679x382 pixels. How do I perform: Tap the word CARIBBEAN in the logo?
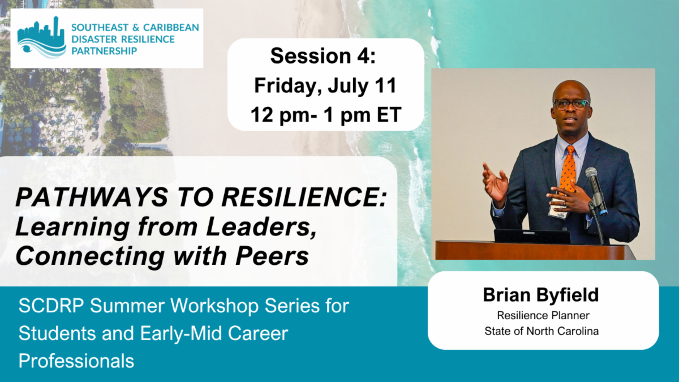171,28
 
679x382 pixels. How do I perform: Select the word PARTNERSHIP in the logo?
104,51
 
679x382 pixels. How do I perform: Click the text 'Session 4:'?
323,56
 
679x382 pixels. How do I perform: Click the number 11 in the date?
385,85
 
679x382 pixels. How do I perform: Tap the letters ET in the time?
389,114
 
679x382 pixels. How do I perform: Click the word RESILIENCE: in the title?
304,197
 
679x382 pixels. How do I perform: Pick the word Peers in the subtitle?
272,256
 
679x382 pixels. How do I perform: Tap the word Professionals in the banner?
76,361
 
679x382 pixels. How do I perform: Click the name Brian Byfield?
541,295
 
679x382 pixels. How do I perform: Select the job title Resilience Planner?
543,316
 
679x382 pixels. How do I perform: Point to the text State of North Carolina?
542,331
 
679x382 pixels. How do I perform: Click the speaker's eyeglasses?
571,104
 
